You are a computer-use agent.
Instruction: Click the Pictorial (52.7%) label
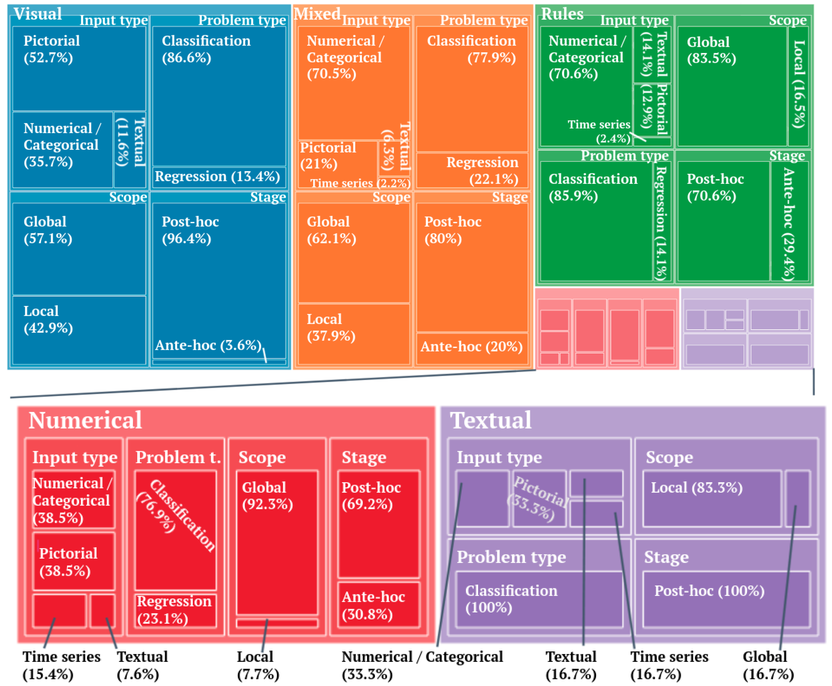tap(51, 49)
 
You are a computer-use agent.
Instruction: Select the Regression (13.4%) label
tap(217, 176)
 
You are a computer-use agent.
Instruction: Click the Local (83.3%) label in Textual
tap(697, 488)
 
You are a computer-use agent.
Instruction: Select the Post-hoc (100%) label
tap(709, 591)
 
